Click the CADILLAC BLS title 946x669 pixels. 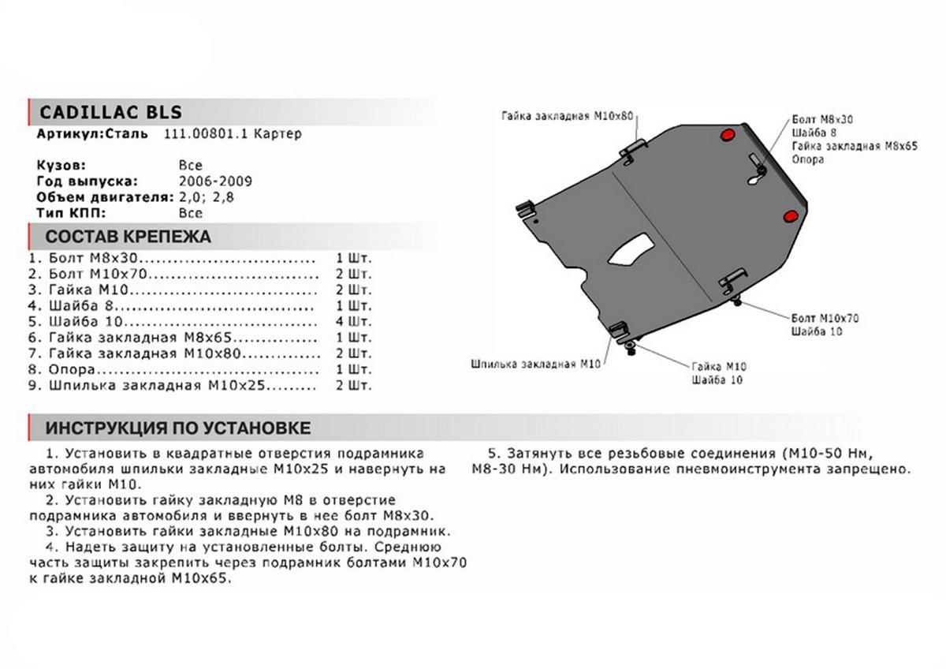(110, 111)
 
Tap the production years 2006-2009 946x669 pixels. (215, 181)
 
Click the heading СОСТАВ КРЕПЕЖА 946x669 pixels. (128, 237)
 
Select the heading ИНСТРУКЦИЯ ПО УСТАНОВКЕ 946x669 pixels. (177, 428)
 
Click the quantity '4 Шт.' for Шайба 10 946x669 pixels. (353, 322)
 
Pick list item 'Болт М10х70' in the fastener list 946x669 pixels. (99, 274)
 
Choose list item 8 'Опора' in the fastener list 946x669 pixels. (73, 370)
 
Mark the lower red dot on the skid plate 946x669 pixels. (789, 218)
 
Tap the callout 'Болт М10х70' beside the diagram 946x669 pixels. (825, 318)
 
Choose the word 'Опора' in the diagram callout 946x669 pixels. (808, 159)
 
